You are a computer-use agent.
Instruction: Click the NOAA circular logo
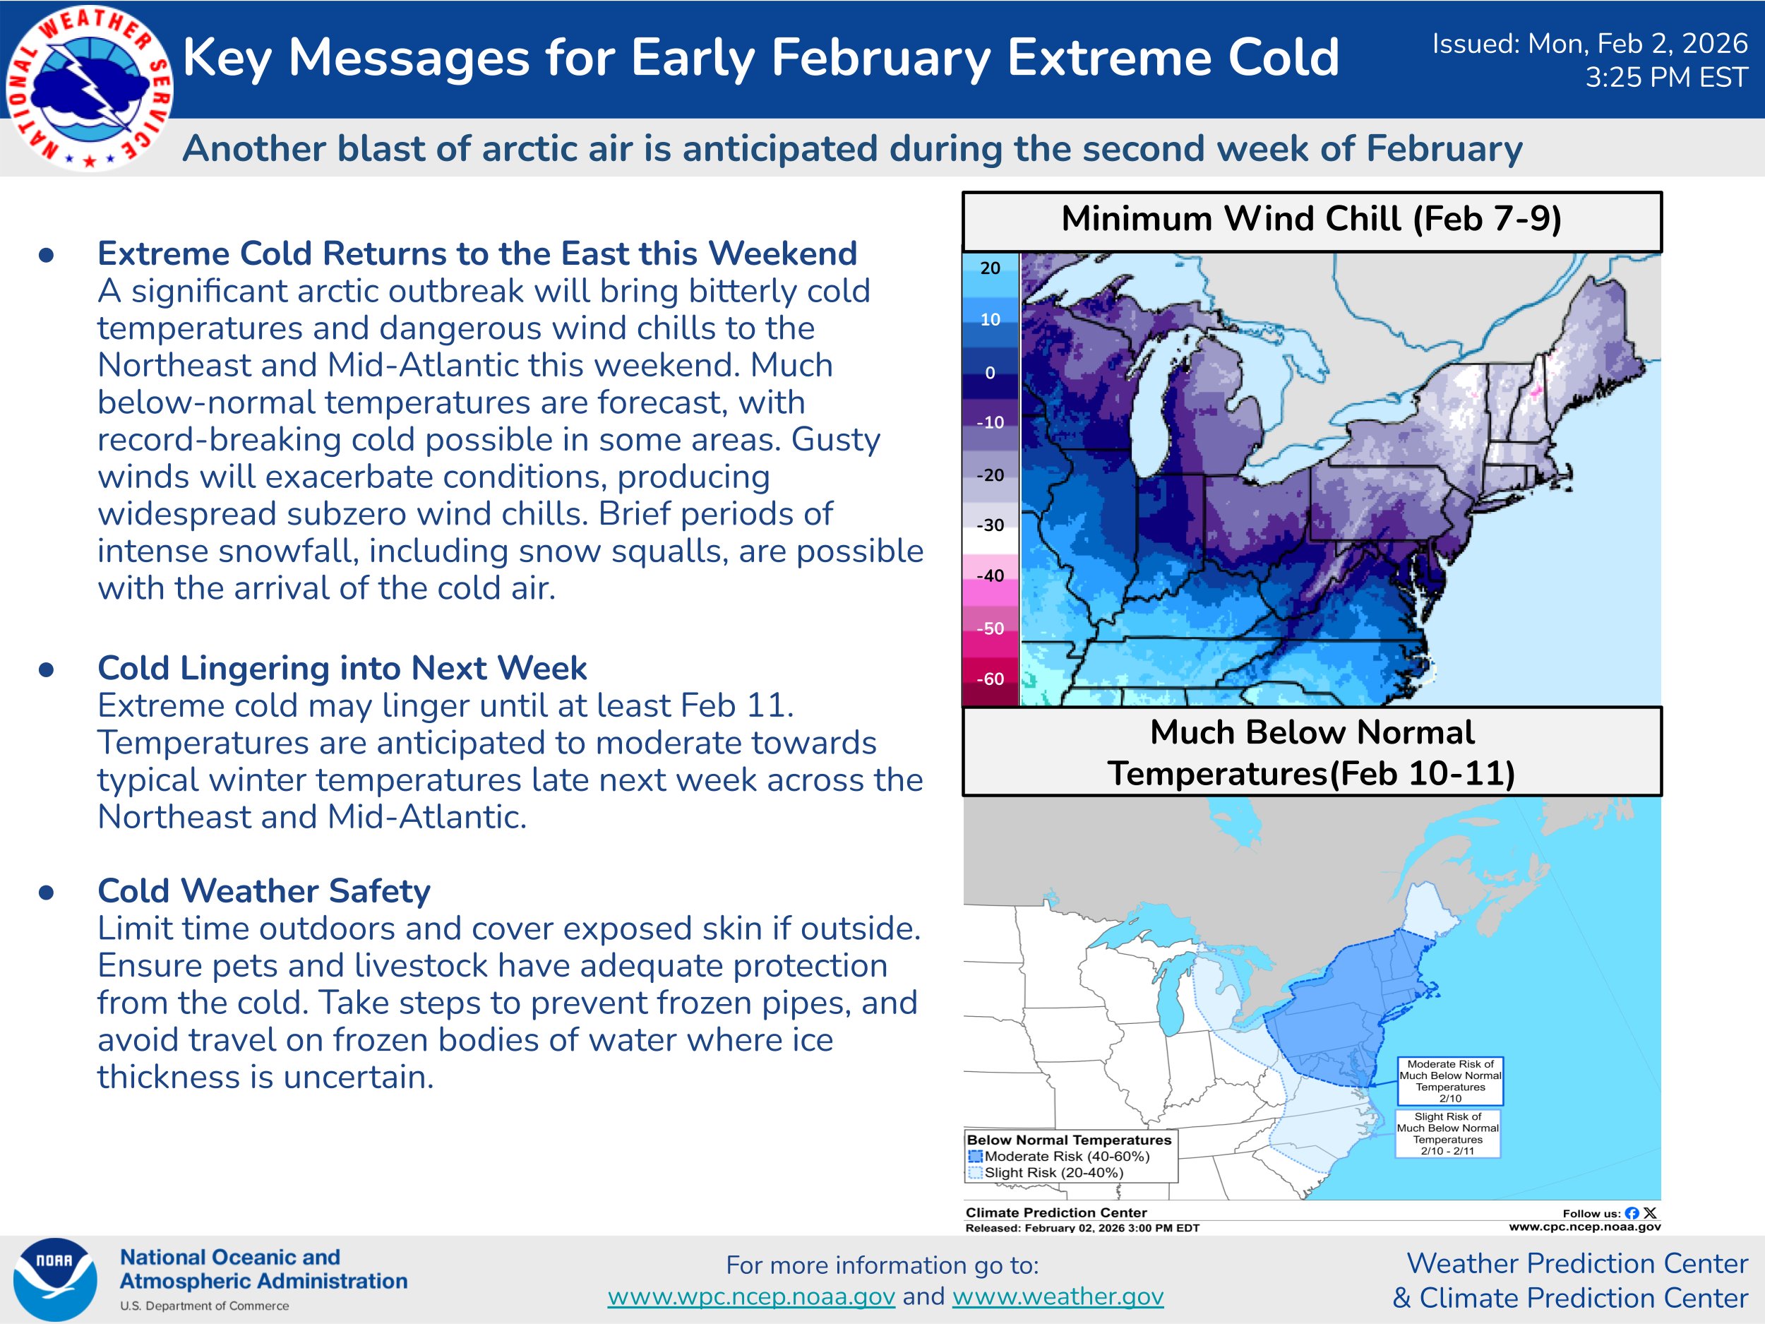tap(55, 1280)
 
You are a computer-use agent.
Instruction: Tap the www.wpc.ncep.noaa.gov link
tap(751, 1297)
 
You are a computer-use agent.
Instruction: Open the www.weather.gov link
tap(1058, 1297)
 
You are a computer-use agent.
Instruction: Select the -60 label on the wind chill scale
tap(991, 679)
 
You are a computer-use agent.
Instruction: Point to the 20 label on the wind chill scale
tap(991, 268)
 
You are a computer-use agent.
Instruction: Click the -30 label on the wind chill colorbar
tap(991, 525)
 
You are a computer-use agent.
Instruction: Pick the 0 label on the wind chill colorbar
tap(991, 373)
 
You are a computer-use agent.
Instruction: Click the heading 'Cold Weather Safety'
tap(264, 890)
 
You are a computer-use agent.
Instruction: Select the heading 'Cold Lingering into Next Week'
tap(342, 668)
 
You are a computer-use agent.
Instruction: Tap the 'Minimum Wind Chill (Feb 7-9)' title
tap(1311, 219)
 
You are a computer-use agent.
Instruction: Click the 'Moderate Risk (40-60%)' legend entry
tap(1059, 1157)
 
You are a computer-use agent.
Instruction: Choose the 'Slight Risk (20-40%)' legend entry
tap(1046, 1173)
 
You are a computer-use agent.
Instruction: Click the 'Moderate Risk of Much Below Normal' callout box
tap(1450, 1080)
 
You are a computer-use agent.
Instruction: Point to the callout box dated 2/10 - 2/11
tap(1447, 1133)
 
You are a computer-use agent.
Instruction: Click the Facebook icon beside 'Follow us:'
tap(1632, 1213)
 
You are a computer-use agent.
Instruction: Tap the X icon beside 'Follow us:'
tap(1650, 1213)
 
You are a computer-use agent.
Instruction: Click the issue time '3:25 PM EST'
tap(1666, 78)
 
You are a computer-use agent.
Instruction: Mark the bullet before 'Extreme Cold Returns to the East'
tap(47, 256)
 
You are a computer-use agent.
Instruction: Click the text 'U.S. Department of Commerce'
tap(204, 1306)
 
